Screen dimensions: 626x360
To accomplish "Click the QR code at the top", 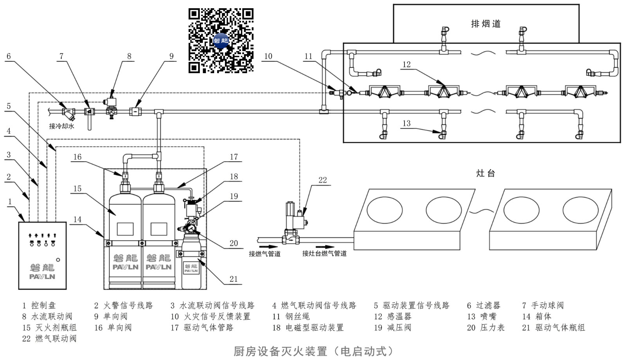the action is pos(221,41).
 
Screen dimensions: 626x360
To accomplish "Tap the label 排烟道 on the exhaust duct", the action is pos(486,24).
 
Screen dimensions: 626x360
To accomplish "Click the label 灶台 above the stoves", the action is pos(486,173).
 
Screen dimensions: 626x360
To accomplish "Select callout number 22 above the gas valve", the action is pos(322,180).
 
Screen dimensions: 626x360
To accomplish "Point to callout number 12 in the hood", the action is pos(407,65).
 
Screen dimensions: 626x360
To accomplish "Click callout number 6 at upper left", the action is pos(9,56).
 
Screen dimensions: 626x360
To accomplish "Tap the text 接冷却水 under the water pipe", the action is pos(61,126).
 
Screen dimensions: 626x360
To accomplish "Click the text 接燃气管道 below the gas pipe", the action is pos(264,254).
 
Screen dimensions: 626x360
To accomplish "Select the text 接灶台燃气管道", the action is pos(324,254).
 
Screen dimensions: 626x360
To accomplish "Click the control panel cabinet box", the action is pos(43,256).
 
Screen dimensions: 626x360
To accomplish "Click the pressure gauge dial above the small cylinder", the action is pos(191,229).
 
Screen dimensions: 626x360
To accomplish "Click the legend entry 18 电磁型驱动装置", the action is pos(308,328).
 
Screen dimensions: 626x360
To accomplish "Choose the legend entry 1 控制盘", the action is pos(39,305).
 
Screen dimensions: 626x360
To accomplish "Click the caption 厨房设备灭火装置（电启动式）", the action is pos(315,351).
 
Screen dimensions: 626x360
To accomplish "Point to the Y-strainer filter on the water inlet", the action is pos(68,113).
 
